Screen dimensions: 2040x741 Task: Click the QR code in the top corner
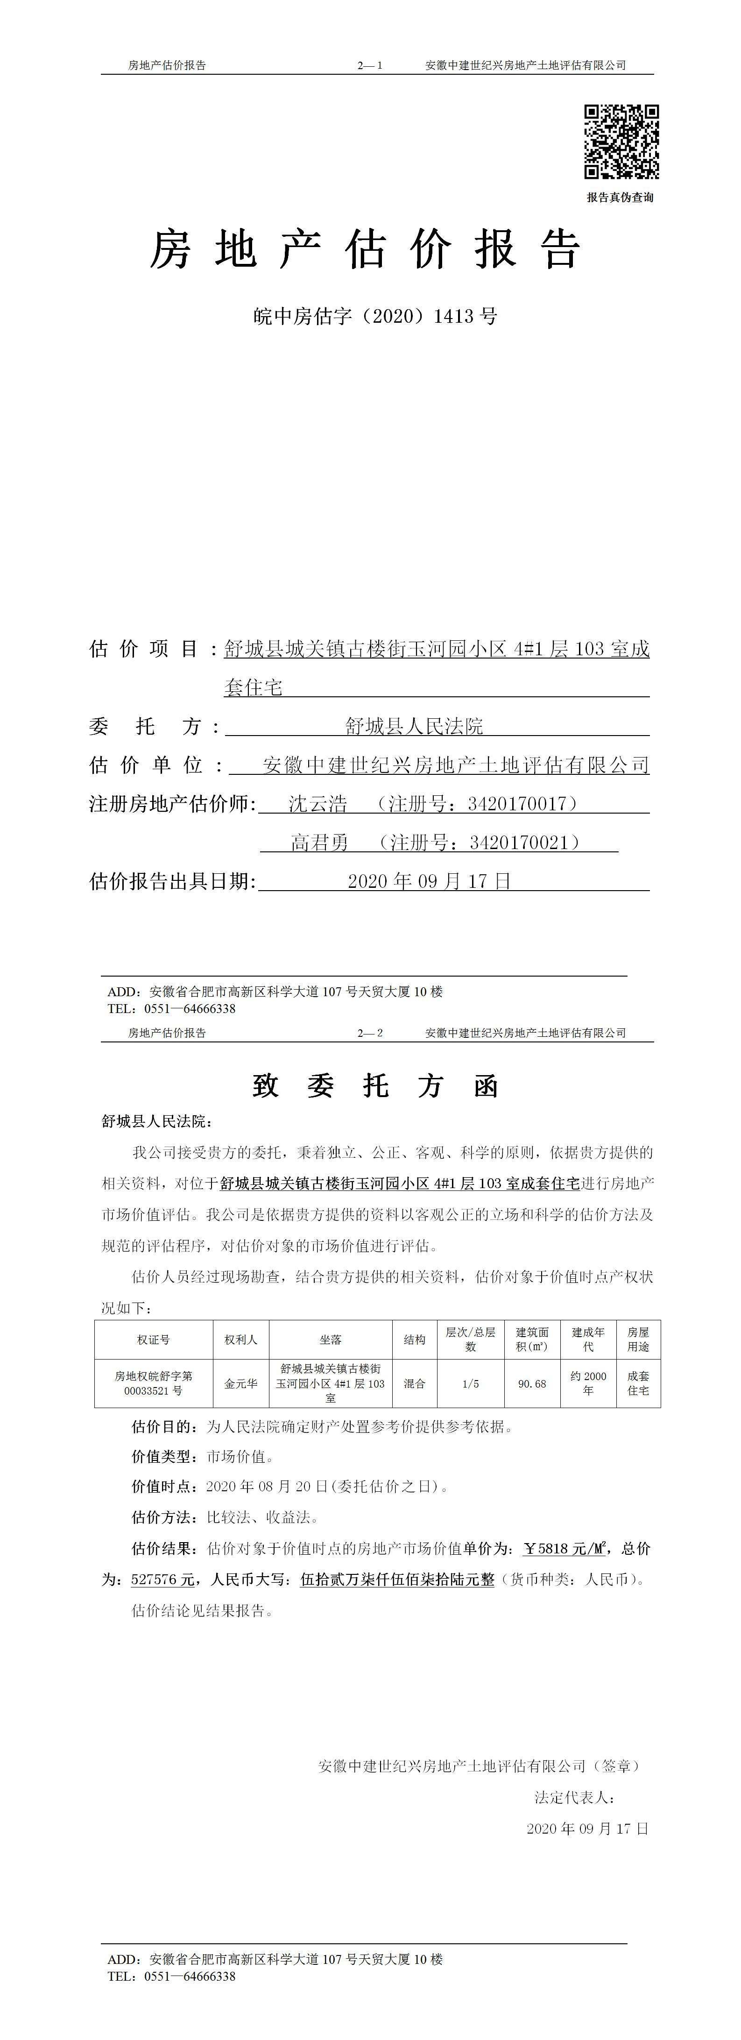621,142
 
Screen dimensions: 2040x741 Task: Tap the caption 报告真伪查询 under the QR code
620,197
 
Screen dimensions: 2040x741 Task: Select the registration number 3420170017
517,804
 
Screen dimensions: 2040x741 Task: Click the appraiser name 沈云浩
318,804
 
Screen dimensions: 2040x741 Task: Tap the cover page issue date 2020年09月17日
430,881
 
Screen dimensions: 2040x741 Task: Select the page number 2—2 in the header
370,1033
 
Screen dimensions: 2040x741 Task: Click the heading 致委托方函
375,1086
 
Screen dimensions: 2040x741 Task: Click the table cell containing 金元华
240,1383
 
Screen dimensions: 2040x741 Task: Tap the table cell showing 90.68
532,1383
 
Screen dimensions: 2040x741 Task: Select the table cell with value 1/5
470,1383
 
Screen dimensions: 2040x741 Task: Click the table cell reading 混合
414,1383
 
